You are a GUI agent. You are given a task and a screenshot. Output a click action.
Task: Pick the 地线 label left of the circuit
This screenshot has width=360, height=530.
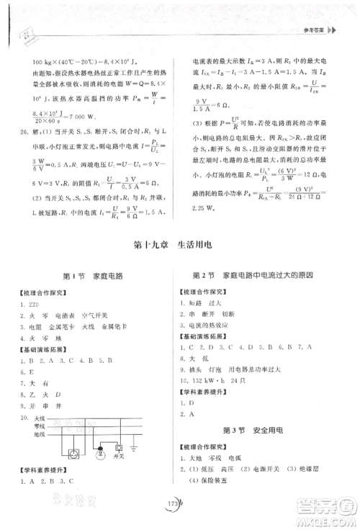point(39,434)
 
